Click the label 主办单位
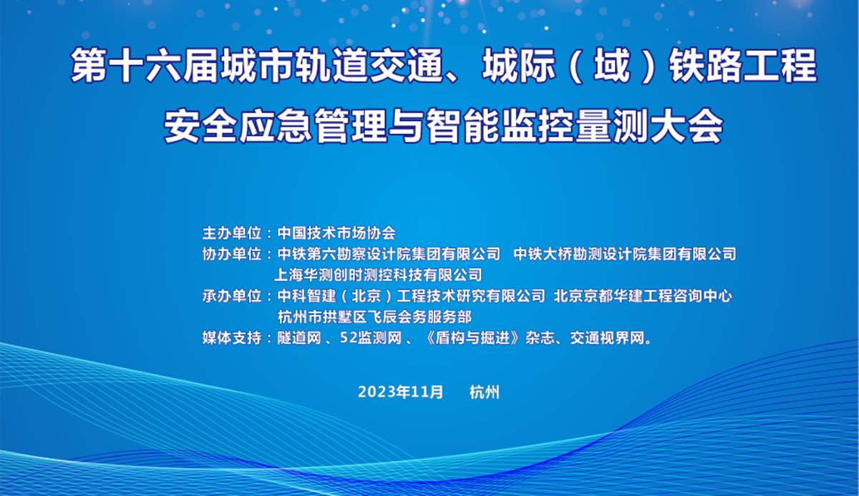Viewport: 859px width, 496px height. coord(232,233)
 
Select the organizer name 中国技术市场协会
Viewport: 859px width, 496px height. coord(336,233)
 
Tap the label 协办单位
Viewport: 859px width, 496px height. coord(232,254)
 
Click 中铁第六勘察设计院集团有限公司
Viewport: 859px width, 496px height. coord(389,254)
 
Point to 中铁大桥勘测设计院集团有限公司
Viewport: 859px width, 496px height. coord(625,254)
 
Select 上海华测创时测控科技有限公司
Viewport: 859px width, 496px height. coord(378,275)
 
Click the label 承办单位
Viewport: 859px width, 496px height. coord(232,296)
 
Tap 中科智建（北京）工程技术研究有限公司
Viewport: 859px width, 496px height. coord(411,296)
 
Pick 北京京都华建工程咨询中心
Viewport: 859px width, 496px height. coord(643,296)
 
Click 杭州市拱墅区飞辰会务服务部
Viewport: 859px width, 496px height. coord(374,317)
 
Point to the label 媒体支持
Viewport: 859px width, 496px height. coord(232,338)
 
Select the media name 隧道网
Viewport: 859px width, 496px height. coord(299,338)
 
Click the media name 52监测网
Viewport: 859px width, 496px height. coord(371,338)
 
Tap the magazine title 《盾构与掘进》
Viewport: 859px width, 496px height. coord(474,338)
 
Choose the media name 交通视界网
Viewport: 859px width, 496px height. coord(607,338)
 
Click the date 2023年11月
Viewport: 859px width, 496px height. coord(401,392)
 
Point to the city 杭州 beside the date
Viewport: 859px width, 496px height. coord(485,392)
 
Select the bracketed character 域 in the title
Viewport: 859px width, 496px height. coord(613,65)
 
